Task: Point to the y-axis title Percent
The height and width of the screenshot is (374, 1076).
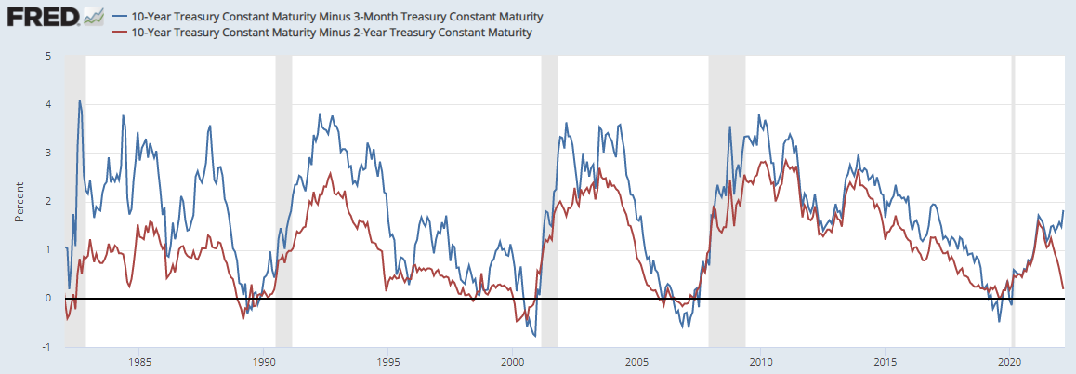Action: tap(18, 202)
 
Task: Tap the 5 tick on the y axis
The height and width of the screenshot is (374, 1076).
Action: tap(47, 56)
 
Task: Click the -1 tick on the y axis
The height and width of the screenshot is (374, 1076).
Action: tap(46, 347)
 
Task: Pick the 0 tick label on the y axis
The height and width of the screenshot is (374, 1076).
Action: tap(47, 299)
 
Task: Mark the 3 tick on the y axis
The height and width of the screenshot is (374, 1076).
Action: tap(47, 153)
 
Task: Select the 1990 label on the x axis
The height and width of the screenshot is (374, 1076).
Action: tap(264, 361)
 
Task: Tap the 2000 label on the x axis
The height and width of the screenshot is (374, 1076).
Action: tap(513, 361)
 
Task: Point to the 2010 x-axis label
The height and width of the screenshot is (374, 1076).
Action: tap(761, 361)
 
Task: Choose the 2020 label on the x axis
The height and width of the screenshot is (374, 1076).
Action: tap(1010, 361)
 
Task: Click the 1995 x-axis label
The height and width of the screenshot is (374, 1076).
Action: tap(388, 361)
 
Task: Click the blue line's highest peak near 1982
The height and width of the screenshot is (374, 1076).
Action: tap(80, 100)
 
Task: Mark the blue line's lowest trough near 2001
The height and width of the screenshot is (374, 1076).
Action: tap(534, 336)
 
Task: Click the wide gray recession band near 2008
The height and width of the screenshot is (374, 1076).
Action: tap(727, 186)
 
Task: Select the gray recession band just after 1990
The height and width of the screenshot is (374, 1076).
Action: tap(283, 186)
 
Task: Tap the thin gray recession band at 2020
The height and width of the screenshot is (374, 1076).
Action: tap(1013, 186)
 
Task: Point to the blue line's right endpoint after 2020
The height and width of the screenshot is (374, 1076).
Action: tap(1063, 211)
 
